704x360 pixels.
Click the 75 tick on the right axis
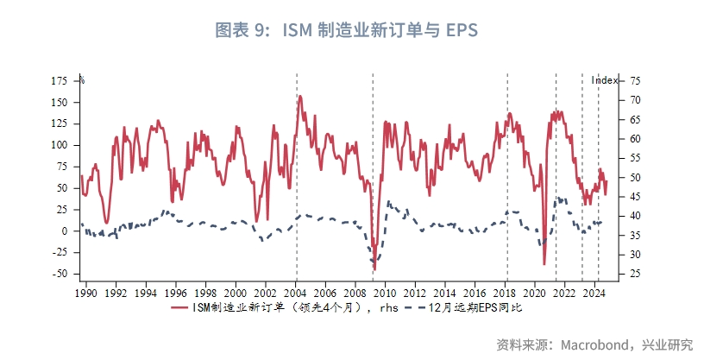click(x=635, y=80)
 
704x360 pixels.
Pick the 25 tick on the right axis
click(x=635, y=274)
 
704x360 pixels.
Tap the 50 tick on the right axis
click(x=635, y=177)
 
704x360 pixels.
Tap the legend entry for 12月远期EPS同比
click(x=475, y=306)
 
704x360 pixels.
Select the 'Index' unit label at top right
click(x=604, y=80)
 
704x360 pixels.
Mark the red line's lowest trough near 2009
click(x=374, y=270)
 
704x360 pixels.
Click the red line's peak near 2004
click(x=299, y=96)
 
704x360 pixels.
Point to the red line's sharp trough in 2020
click(x=544, y=264)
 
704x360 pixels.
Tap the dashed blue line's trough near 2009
click(x=374, y=261)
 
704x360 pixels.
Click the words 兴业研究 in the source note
click(x=669, y=344)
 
